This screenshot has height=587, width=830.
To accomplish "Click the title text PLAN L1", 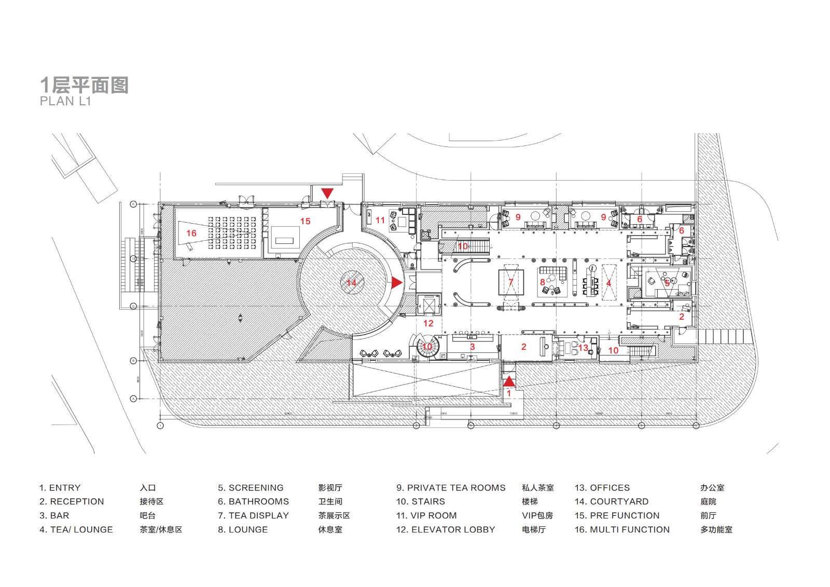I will click(65, 101).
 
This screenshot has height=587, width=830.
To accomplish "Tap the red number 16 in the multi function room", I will click(191, 234).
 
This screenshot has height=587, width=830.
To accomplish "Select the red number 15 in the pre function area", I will click(305, 221).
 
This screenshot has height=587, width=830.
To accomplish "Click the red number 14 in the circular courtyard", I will click(352, 283).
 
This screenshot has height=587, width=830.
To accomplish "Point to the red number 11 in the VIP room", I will click(380, 220).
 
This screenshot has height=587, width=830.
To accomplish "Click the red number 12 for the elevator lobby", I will click(428, 323).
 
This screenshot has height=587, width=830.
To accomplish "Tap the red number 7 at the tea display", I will click(511, 282).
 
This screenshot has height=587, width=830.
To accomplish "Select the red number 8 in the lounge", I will click(543, 282).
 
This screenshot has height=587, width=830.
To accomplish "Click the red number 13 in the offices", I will click(583, 348).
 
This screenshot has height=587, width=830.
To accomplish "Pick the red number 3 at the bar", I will click(472, 347).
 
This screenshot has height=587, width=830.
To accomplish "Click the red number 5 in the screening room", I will click(667, 283).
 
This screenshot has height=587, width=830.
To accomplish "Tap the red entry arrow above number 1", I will click(509, 381).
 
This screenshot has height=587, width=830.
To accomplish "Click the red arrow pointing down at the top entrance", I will click(327, 193).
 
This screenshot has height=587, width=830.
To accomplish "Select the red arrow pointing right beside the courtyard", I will click(397, 282).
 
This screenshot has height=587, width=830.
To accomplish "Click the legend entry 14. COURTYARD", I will click(611, 501).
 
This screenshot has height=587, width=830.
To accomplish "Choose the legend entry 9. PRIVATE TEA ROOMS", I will click(451, 488).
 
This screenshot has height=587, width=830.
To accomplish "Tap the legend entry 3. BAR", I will click(54, 515).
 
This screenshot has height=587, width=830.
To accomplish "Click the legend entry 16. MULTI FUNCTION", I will click(621, 529).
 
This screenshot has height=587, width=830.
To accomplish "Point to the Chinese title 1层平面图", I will click(85, 85).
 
